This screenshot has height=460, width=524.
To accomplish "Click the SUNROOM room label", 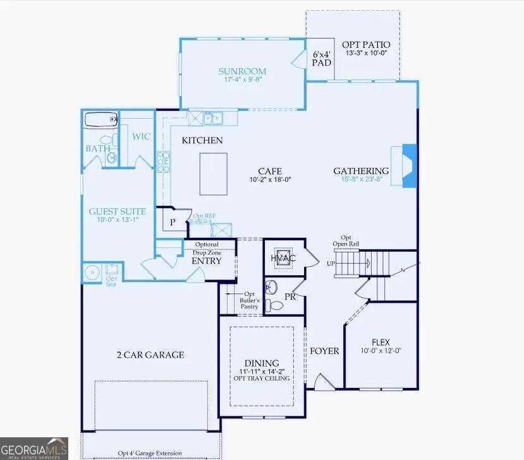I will [242, 71].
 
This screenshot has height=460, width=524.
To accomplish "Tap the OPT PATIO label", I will [366, 45].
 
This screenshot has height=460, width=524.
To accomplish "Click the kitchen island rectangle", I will [213, 174].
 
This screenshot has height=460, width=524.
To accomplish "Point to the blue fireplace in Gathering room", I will [410, 165].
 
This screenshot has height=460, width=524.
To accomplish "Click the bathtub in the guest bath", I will [101, 119].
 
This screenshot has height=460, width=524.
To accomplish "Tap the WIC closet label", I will [140, 135].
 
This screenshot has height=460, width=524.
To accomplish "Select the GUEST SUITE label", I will [118, 212].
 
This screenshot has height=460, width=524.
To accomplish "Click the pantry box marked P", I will [172, 222].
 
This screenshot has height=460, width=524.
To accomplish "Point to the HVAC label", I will [283, 258].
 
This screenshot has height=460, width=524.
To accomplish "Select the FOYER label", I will [324, 351].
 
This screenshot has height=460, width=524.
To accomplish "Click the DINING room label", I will [262, 363].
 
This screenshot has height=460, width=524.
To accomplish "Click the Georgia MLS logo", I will [34, 448].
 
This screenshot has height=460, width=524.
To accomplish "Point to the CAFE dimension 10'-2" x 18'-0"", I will [269, 179].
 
